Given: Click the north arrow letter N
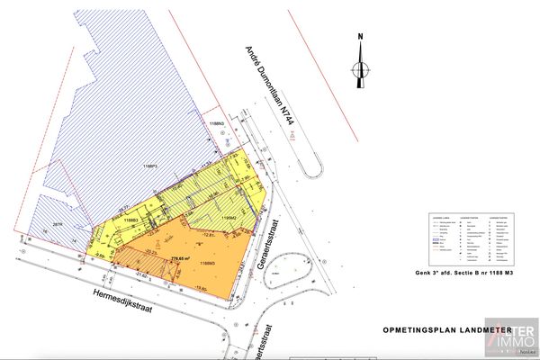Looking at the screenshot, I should [360, 37].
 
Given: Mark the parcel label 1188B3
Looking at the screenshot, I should [130, 220].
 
